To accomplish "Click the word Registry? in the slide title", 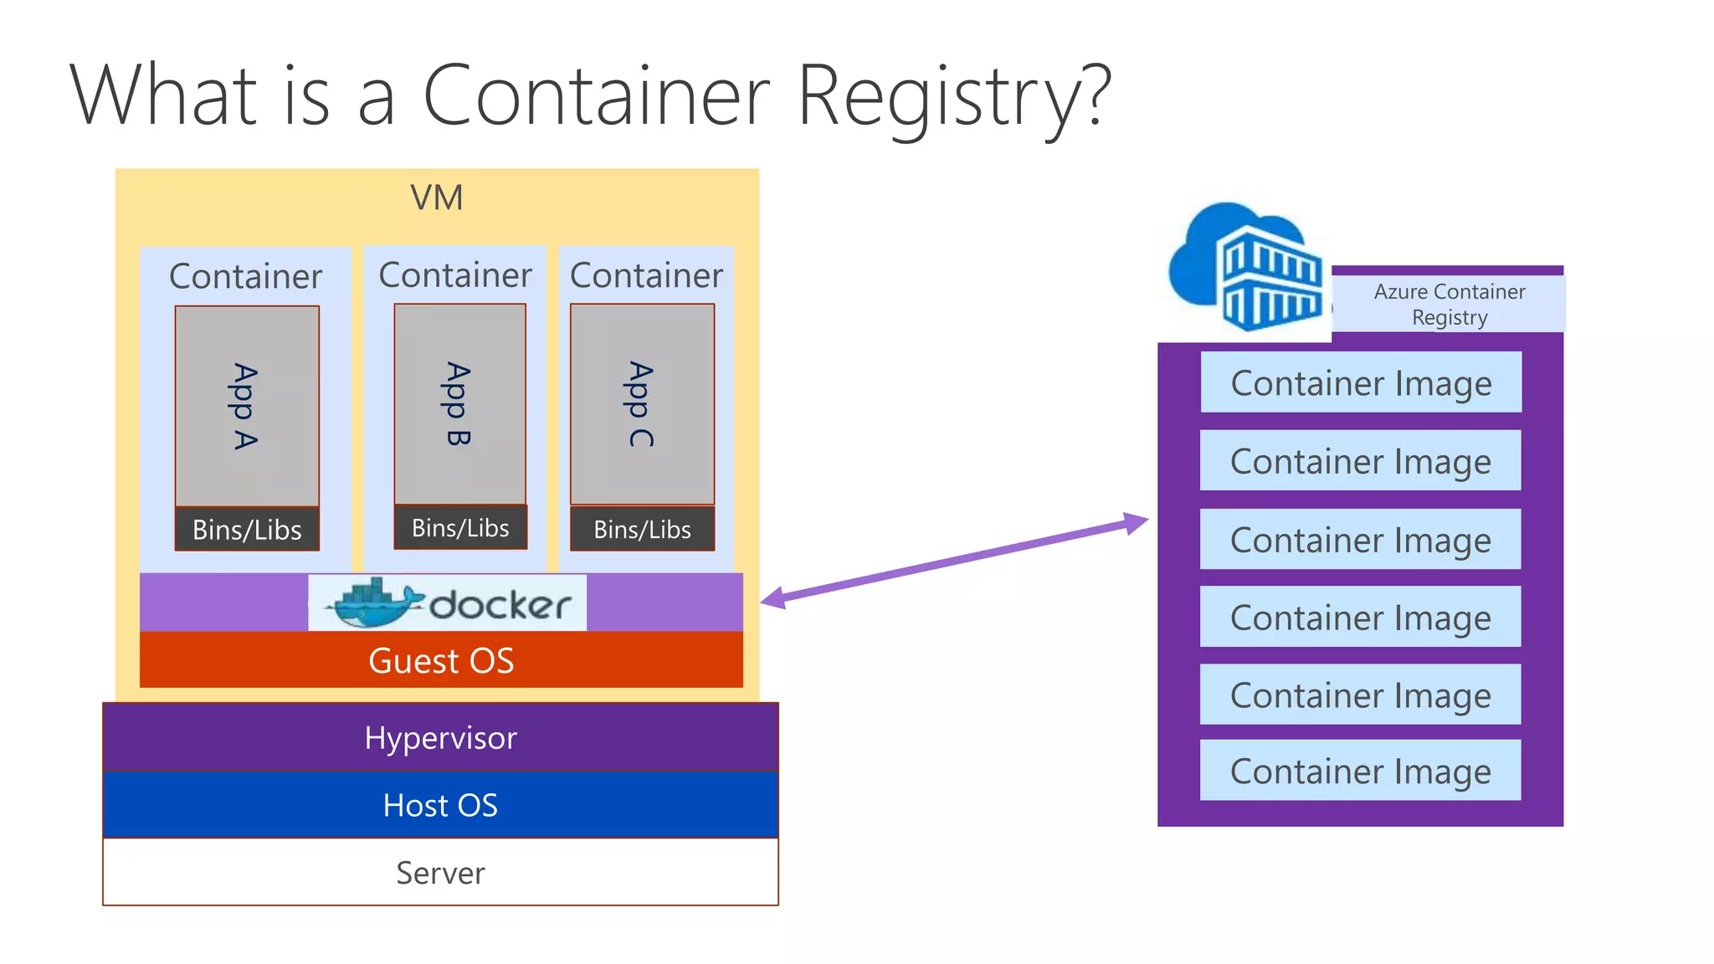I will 954,96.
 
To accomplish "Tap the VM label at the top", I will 436,198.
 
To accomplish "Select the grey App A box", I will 247,406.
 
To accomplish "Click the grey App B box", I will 459,404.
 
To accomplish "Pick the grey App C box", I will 642,404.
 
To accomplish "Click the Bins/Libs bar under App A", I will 247,530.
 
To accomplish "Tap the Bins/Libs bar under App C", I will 642,530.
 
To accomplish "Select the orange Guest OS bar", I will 441,660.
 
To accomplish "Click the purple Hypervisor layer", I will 440,737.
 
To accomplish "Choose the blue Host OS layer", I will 440,805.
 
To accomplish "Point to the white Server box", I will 440,873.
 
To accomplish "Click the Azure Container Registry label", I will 1449,305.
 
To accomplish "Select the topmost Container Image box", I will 1361,382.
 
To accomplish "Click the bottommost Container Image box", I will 1360,771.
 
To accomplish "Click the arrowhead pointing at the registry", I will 1137,522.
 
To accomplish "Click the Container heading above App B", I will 455,274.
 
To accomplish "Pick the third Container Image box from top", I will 1360,540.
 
